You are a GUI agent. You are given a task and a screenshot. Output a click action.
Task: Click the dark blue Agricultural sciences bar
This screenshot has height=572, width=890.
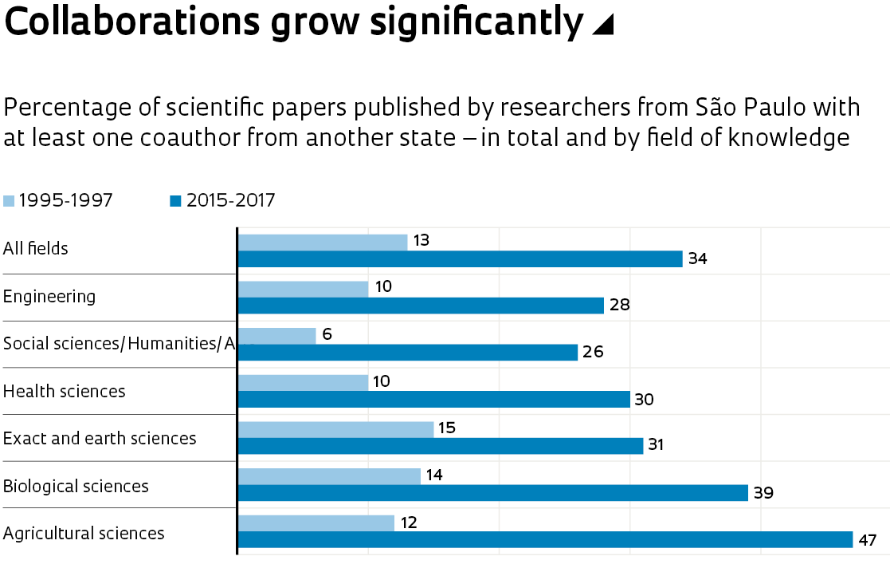click(x=545, y=540)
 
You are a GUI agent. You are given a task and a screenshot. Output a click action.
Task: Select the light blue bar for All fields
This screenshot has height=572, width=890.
click(x=323, y=242)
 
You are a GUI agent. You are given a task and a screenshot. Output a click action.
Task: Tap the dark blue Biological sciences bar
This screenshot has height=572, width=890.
click(x=492, y=493)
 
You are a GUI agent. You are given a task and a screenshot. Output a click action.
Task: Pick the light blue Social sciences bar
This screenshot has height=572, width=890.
click(x=277, y=336)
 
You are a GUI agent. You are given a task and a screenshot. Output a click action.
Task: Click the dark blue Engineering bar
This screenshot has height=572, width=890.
click(x=421, y=306)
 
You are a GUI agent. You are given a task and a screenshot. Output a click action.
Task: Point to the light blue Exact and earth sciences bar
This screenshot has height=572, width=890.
click(x=335, y=429)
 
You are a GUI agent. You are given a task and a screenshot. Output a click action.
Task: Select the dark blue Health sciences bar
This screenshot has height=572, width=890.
click(x=433, y=400)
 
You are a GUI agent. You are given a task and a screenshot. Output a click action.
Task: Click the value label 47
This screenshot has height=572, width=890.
click(x=867, y=541)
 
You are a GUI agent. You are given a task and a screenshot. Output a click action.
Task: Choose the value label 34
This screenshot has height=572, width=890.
click(x=698, y=259)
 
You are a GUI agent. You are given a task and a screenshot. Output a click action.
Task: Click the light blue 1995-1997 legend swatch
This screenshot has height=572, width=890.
click(x=9, y=201)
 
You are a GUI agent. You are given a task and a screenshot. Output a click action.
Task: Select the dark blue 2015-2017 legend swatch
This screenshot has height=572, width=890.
click(x=176, y=201)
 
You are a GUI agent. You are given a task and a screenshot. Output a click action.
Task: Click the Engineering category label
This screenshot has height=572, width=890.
click(x=49, y=297)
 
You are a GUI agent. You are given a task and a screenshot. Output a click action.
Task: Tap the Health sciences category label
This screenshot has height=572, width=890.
click(x=65, y=392)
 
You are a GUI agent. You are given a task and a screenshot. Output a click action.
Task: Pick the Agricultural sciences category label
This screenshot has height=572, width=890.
click(x=84, y=534)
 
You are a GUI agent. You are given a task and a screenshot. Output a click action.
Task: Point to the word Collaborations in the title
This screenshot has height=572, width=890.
click(x=132, y=22)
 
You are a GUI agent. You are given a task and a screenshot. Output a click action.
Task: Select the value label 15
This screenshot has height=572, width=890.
click(x=446, y=428)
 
